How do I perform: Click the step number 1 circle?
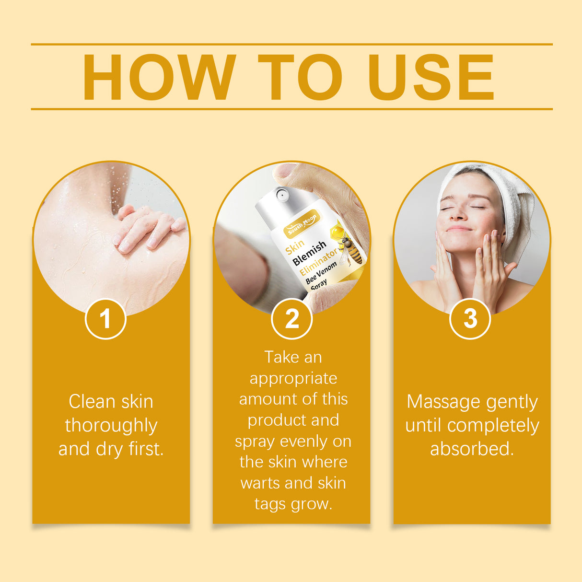[x=105, y=319]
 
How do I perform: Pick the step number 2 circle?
[x=291, y=319]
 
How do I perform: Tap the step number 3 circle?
[x=470, y=319]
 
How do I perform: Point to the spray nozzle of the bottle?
[x=281, y=195]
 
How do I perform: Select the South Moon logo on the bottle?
[x=302, y=224]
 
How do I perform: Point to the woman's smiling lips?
[x=459, y=229]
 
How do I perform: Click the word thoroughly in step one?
[x=111, y=426]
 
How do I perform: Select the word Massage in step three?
[x=443, y=402]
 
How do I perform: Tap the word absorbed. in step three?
[x=472, y=449]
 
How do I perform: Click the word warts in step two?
[x=263, y=483]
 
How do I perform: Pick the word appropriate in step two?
[x=293, y=378]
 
